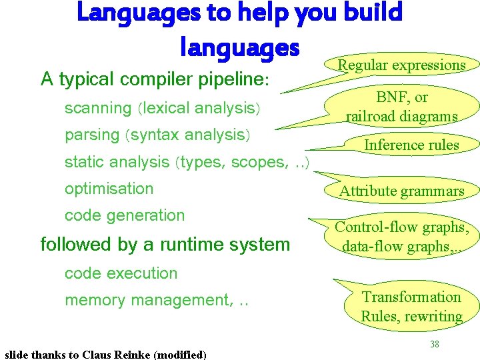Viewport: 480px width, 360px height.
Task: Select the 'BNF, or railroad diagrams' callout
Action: tap(401, 107)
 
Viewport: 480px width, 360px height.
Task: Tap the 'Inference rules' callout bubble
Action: tap(411, 145)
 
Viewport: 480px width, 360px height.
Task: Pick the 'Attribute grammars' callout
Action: tap(401, 191)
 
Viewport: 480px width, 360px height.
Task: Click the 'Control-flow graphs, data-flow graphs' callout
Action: tap(401, 236)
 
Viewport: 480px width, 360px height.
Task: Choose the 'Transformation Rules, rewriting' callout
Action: tap(411, 307)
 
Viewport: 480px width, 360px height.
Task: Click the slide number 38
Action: tap(434, 345)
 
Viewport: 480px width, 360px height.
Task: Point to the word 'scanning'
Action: tap(98, 108)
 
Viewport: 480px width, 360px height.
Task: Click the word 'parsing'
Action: tap(91, 135)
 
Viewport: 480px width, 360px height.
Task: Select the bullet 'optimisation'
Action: tap(109, 189)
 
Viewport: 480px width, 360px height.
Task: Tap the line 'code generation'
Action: tap(124, 215)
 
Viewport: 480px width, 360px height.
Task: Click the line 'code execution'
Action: tap(121, 273)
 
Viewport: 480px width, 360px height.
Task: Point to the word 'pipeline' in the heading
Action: tap(232, 80)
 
